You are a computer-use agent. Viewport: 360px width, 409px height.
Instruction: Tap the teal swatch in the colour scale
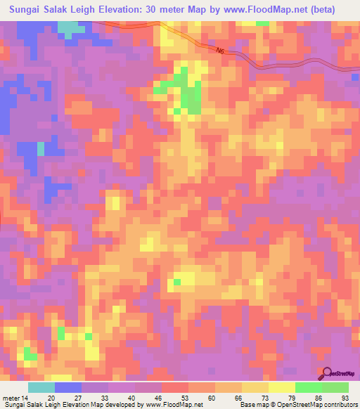click(41, 388)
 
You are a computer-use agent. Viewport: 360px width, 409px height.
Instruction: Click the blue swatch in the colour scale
click(68, 388)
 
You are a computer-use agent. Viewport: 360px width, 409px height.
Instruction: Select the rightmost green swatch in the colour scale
click(335, 388)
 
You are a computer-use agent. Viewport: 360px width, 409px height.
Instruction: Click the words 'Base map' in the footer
click(252, 404)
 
